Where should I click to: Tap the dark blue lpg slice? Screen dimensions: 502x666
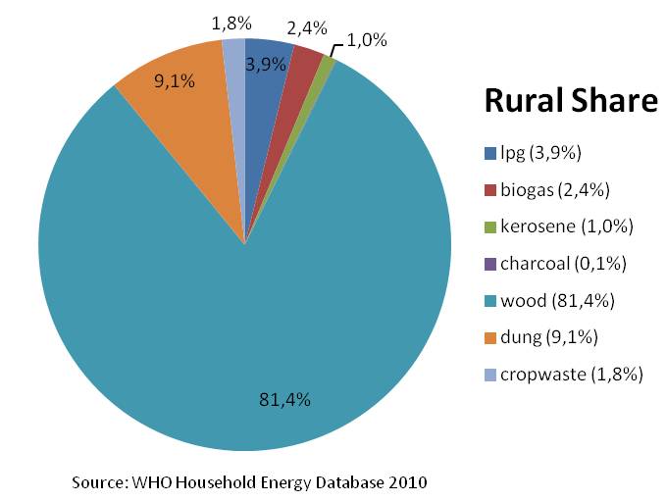tap(263, 88)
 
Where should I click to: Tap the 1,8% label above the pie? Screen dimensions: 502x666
tap(231, 21)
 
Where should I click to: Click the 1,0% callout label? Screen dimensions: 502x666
tap(367, 40)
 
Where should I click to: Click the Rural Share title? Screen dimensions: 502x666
tap(569, 102)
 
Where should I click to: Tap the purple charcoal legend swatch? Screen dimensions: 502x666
tap(489, 264)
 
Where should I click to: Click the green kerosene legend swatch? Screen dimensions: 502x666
tap(489, 226)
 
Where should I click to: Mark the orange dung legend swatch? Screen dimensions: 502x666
tap(489, 337)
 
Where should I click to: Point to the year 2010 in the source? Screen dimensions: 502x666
tap(406, 481)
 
